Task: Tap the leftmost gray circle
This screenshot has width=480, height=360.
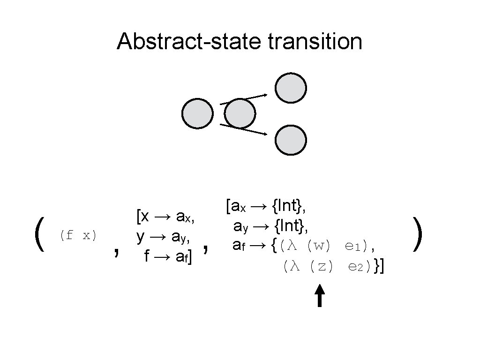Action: (197, 113)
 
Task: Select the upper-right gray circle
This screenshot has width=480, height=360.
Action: (291, 88)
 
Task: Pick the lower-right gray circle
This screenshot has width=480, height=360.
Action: (291, 140)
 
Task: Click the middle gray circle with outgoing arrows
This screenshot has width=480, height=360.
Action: (240, 113)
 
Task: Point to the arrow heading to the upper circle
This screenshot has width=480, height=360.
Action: (244, 99)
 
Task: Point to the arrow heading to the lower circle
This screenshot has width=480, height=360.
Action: (244, 129)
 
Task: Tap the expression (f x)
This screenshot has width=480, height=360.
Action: (78, 235)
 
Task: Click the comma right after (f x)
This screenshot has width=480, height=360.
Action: (115, 252)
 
